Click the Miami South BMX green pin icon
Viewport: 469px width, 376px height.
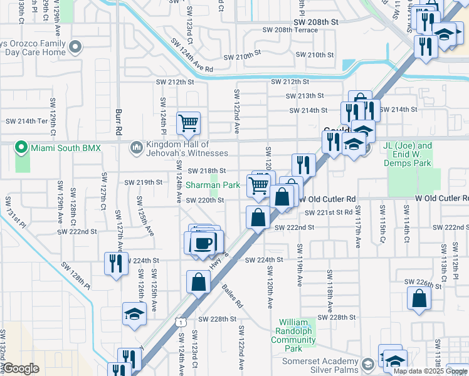(x=21, y=148)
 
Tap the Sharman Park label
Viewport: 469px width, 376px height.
(x=213, y=185)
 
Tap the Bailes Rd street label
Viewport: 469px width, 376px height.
(x=231, y=296)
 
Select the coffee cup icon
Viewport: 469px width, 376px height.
(x=203, y=242)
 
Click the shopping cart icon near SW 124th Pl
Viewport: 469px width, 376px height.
(x=188, y=123)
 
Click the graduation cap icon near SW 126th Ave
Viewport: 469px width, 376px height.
(x=134, y=314)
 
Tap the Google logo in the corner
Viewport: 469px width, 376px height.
(x=21, y=368)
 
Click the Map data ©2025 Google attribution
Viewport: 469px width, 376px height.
(x=429, y=371)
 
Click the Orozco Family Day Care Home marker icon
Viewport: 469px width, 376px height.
(x=76, y=47)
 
